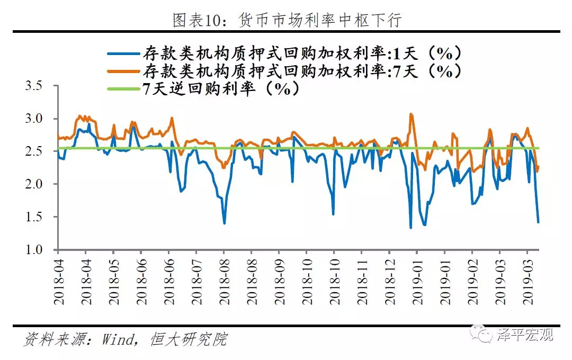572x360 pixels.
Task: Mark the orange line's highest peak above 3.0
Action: (410, 113)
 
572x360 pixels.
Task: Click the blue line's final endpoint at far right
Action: (538, 222)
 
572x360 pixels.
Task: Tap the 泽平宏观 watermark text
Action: (524, 335)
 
